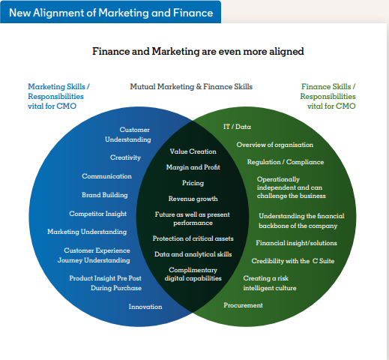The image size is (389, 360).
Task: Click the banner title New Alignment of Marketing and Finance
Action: click(111, 13)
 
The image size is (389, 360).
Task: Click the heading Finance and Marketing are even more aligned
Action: click(198, 52)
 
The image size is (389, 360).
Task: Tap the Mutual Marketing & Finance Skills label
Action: click(191, 86)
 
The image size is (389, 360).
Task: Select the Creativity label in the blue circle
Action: click(125, 157)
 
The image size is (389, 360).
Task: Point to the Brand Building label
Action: click(105, 195)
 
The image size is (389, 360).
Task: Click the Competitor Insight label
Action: click(98, 214)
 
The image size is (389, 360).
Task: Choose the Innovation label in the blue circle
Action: click(145, 307)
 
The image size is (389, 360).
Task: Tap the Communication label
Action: click(106, 176)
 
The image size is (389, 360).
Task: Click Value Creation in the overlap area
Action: click(193, 151)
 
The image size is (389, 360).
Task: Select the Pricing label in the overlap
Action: click(193, 183)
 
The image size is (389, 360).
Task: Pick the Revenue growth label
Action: click(193, 199)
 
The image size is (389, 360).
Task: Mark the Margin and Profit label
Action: click(193, 167)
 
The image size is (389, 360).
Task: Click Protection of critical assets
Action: click(193, 238)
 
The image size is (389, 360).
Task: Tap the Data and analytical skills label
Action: click(193, 254)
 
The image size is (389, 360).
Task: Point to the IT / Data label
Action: click(237, 127)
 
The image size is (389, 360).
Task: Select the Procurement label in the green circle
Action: click(243, 305)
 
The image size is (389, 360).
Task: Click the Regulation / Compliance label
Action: click(286, 162)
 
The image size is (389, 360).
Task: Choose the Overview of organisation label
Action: click(275, 145)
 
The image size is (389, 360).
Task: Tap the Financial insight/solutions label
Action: click(296, 243)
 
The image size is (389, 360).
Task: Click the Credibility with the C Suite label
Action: click(293, 261)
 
